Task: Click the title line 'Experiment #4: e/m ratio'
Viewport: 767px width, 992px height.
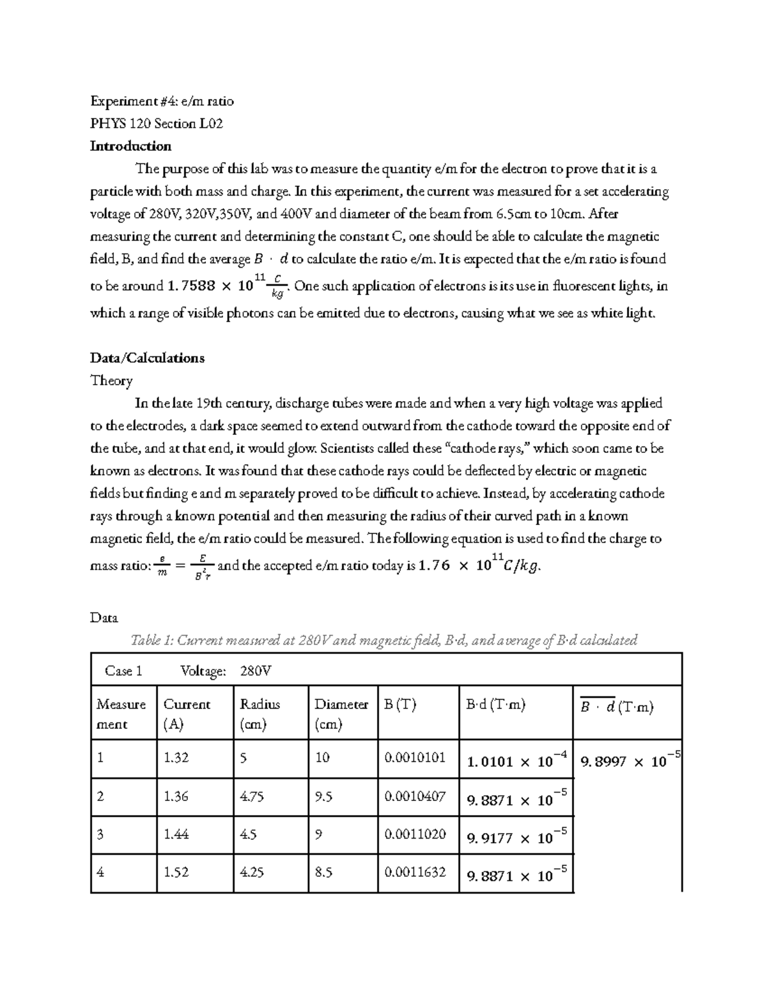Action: (162, 101)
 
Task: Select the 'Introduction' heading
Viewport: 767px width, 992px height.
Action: (130, 146)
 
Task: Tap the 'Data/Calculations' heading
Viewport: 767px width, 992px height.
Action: (147, 358)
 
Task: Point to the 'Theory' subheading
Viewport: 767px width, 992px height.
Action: (111, 381)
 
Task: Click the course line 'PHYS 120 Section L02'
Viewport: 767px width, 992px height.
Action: (156, 124)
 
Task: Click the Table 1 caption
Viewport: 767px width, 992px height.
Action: (383, 640)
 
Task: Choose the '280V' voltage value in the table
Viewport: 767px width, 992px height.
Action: (256, 671)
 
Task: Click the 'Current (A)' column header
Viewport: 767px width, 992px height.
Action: (187, 713)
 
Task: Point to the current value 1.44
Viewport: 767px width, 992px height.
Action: (176, 834)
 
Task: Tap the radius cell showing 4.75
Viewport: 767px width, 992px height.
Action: (251, 797)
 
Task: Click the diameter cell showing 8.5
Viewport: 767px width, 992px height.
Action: (323, 872)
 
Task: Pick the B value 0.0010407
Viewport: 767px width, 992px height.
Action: (415, 797)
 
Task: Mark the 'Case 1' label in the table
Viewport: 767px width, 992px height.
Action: (123, 671)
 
